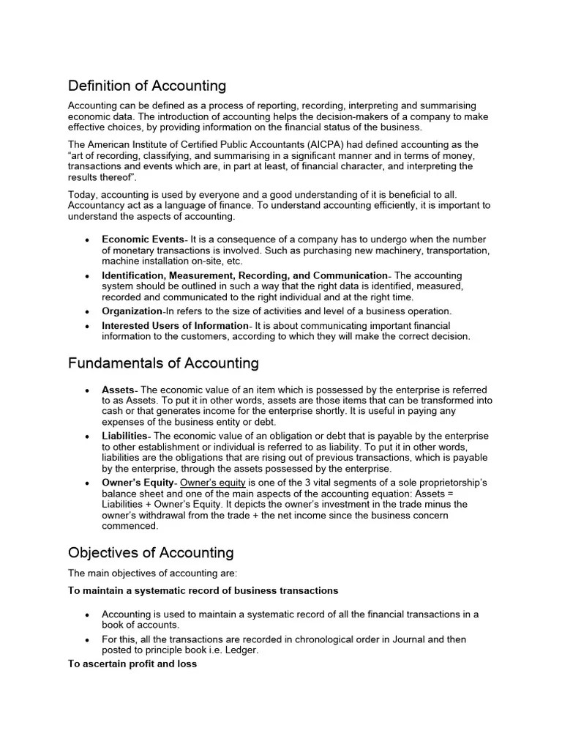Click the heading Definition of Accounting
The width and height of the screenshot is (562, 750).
pyautogui.click(x=147, y=86)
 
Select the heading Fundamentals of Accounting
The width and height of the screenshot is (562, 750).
pyautogui.click(x=163, y=363)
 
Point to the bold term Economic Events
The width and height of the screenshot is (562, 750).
pyautogui.click(x=143, y=240)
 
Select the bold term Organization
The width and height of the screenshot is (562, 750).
pyautogui.click(x=132, y=311)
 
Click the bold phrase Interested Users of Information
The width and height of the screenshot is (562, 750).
pyautogui.click(x=175, y=325)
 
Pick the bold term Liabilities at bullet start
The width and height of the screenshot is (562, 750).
pyautogui.click(x=124, y=437)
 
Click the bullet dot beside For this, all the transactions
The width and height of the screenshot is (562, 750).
pyautogui.click(x=88, y=640)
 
